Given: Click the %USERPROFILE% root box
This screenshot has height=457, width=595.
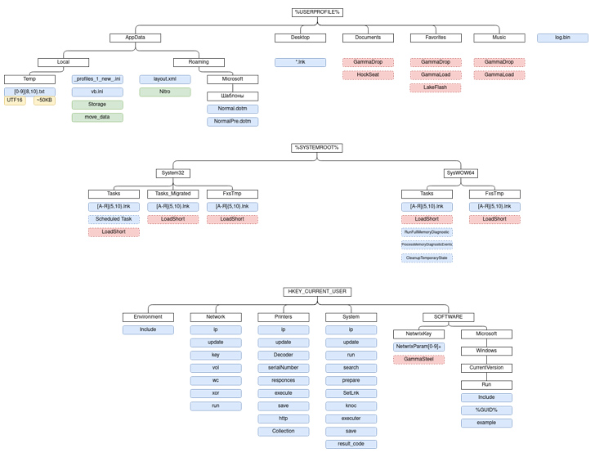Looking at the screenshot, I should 317,12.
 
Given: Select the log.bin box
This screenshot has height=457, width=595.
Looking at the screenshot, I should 562,38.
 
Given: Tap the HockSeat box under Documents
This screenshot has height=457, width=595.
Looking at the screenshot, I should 368,75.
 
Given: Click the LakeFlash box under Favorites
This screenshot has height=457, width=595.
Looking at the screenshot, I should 436,87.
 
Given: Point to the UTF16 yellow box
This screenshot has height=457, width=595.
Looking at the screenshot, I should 15,101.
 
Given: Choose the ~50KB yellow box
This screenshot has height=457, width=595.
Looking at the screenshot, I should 45,101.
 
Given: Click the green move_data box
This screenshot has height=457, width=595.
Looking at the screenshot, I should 97,118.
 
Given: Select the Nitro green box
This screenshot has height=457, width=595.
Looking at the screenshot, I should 165,92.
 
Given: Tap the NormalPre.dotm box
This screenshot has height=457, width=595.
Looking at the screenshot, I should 232,122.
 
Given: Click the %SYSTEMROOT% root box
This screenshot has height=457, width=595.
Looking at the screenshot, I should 317,148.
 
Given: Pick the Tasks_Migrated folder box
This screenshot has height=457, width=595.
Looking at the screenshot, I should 173,194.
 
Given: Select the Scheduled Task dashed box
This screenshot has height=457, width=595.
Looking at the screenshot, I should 114,219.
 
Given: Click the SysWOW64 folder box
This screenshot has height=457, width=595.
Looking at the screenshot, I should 461,173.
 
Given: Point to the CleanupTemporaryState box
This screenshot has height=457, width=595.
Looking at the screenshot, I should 427,258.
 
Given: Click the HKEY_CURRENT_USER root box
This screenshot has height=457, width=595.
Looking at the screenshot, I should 317,292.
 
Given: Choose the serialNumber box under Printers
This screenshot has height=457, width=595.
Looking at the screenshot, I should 284,368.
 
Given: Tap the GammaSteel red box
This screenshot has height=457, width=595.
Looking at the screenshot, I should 418,360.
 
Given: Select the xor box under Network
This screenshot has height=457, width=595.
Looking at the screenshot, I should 216,393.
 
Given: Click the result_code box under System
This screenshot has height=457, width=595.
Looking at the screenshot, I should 351,444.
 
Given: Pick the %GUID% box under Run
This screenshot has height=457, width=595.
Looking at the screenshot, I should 486,410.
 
